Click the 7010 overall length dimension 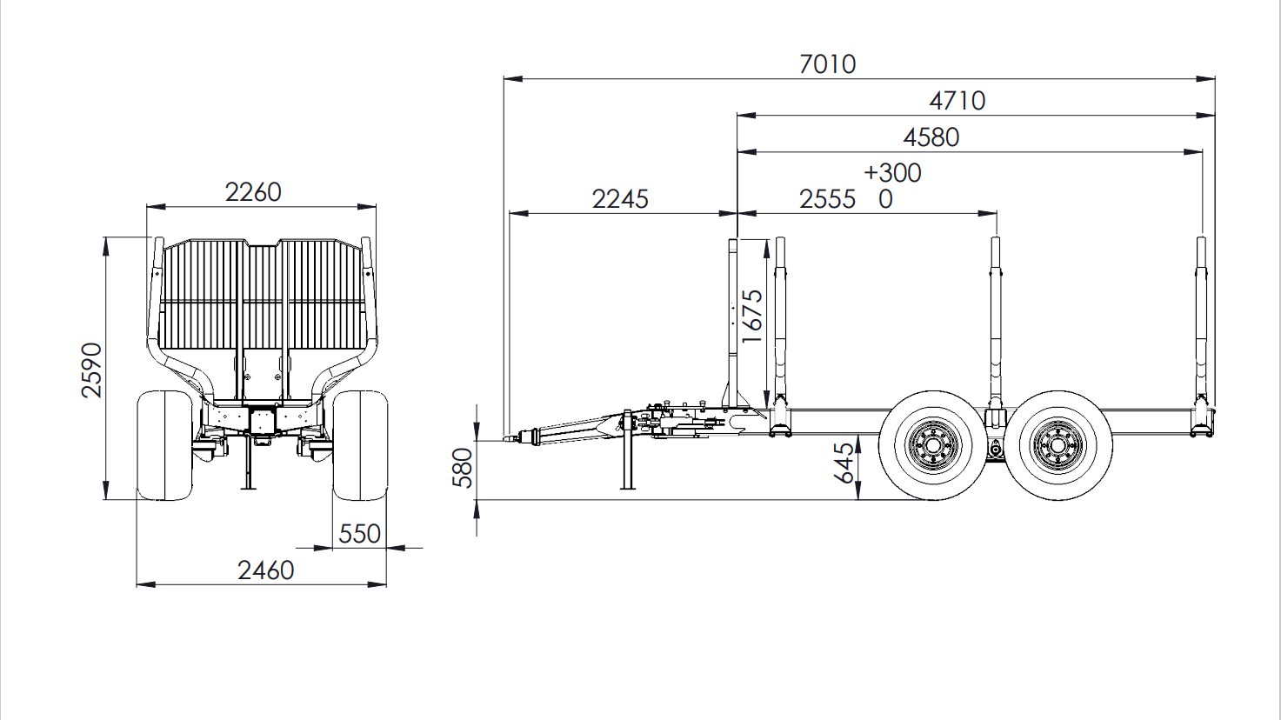(x=828, y=64)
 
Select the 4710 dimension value (x=957, y=101)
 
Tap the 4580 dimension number (x=931, y=137)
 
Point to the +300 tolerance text (x=892, y=173)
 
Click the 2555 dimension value (x=828, y=200)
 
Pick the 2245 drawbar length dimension (x=620, y=200)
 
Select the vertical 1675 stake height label (x=752, y=317)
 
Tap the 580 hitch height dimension (x=463, y=468)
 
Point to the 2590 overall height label (x=91, y=370)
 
